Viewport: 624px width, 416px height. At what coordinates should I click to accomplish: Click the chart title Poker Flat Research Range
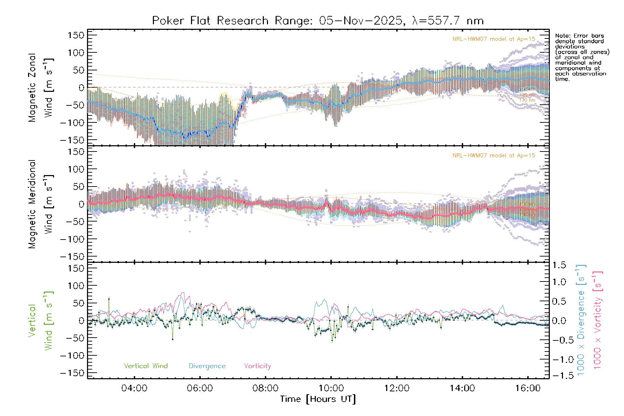tap(318, 21)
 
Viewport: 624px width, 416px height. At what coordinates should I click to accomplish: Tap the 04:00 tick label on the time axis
tap(134, 388)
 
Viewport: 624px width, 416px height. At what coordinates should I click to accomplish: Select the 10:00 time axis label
tap(331, 388)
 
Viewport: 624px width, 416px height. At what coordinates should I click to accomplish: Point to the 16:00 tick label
tap(528, 388)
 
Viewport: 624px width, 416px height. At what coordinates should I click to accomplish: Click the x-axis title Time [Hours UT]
tap(318, 399)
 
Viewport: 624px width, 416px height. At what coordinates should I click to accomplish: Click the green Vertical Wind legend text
tap(146, 366)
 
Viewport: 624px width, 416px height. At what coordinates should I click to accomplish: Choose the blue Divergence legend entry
tap(207, 366)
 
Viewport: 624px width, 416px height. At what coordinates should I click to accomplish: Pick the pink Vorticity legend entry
tap(257, 366)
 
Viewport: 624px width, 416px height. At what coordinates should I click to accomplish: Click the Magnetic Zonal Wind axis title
tap(41, 87)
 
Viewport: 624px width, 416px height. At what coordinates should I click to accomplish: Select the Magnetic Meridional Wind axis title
tap(41, 204)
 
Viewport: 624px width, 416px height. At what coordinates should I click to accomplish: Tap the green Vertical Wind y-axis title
tap(41, 321)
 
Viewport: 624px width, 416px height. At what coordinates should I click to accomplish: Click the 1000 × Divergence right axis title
tap(581, 320)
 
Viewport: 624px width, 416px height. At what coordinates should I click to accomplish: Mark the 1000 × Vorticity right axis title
tap(598, 320)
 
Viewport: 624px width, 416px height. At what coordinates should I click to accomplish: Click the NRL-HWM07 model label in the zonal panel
tap(494, 39)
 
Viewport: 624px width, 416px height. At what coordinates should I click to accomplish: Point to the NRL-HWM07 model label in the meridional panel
tap(494, 156)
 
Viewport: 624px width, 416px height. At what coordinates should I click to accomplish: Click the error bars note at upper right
tap(581, 57)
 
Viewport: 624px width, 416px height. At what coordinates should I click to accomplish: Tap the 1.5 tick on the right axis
tap(559, 265)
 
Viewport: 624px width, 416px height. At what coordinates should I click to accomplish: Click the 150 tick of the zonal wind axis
tap(76, 35)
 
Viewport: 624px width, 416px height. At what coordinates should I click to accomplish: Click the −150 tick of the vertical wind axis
tap(72, 373)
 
